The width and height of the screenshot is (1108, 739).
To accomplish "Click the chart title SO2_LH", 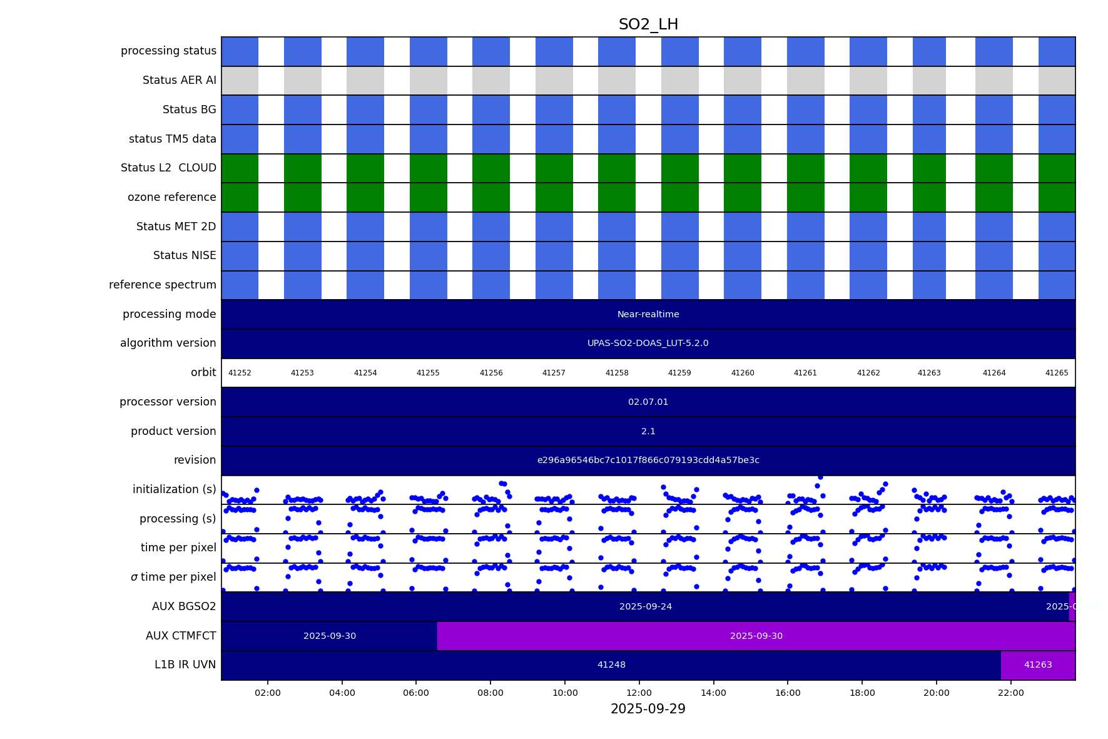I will tap(648, 24).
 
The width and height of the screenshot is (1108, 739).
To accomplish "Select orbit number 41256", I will tap(491, 373).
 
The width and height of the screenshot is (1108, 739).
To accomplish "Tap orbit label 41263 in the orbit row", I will tap(929, 373).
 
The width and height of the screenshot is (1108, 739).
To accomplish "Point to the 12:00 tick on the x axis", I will tap(639, 693).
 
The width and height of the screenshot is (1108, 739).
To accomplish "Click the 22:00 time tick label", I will tap(1010, 693).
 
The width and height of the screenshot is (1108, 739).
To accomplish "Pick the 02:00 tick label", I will tap(267, 693).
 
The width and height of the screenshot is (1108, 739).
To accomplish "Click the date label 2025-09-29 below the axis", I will tap(648, 709).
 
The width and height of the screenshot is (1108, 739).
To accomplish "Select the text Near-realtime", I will tap(648, 314).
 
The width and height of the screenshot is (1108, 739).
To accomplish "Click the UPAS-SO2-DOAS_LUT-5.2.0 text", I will tap(648, 344).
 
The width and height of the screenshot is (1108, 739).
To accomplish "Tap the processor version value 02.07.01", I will tap(648, 402).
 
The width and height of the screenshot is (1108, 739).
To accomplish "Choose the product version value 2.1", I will tap(648, 431).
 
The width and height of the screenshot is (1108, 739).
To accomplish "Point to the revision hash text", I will tap(648, 461).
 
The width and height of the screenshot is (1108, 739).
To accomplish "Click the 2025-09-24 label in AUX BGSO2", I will tap(646, 607).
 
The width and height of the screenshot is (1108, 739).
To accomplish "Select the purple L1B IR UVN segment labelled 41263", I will tap(1038, 665).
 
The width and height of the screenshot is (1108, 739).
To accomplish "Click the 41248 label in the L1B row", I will tap(611, 665).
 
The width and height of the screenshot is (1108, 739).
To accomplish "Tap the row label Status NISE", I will tap(185, 255).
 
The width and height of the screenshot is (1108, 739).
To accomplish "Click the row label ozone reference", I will tap(171, 197).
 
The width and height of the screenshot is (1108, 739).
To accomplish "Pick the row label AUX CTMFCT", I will tap(181, 636).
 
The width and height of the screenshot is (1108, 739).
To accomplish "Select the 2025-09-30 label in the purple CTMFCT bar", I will tap(756, 636).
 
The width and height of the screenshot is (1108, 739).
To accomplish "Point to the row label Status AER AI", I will tap(179, 80).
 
